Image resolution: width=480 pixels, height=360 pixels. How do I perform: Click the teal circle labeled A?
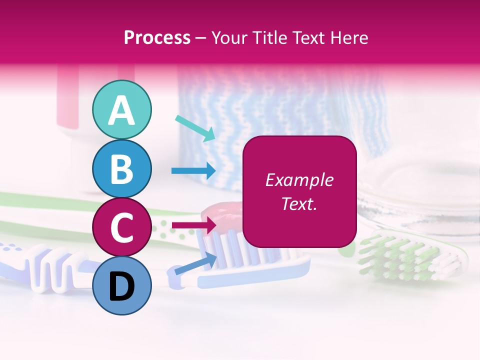click(121, 109)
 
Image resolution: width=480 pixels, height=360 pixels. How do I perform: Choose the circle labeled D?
click(121, 285)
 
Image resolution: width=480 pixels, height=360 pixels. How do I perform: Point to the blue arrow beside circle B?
click(193, 170)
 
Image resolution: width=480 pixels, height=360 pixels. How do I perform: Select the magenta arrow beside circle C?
click(194, 225)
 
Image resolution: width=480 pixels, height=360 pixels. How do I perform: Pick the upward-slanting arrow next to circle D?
click(195, 264)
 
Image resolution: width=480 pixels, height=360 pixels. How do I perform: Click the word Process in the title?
click(157, 38)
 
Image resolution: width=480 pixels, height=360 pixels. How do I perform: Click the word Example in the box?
click(299, 180)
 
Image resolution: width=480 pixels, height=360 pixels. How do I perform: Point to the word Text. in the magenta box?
click(299, 204)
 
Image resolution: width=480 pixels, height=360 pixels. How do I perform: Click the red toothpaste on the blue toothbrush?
click(220, 216)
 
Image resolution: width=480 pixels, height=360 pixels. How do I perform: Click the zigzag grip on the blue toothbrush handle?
click(50, 270)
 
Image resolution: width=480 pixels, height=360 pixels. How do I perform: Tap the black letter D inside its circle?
click(121, 286)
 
